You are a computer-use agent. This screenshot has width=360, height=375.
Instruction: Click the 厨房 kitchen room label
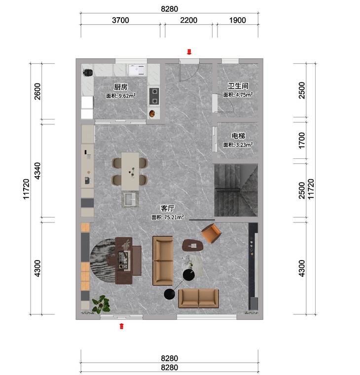[x=121, y=87]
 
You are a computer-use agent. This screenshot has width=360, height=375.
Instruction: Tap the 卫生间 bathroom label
[x=238, y=86]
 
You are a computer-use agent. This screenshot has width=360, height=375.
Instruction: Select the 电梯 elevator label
[x=238, y=136]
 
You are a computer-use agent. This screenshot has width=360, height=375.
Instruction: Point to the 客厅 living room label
[x=168, y=208]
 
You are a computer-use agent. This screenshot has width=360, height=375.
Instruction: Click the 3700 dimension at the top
[x=120, y=20]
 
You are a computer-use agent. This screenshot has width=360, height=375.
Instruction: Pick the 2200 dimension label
[x=188, y=20]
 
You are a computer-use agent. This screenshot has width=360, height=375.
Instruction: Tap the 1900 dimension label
[x=238, y=20]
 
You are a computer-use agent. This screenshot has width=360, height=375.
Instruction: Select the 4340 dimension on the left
[x=38, y=171]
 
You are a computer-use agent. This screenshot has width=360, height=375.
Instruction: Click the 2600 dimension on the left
[x=38, y=91]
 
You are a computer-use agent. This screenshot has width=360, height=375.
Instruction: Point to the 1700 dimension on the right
[x=302, y=141]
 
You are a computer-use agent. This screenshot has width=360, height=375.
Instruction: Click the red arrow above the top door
[x=189, y=52]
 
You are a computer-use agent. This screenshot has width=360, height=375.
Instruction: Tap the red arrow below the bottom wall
[x=122, y=326]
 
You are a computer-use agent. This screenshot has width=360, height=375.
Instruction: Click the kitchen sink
[x=137, y=70]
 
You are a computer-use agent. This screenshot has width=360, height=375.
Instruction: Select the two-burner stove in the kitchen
[x=154, y=96]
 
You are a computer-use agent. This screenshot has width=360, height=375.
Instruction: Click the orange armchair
[x=211, y=233]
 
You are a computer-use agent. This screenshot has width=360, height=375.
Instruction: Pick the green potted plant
[x=102, y=304]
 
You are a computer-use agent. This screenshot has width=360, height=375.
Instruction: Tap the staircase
[x=236, y=190]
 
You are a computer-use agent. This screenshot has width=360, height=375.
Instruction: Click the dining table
[x=130, y=172]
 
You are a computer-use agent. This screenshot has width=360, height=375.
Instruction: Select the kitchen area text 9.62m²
[x=121, y=96]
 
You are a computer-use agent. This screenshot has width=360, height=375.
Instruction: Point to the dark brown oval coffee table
[x=193, y=245]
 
